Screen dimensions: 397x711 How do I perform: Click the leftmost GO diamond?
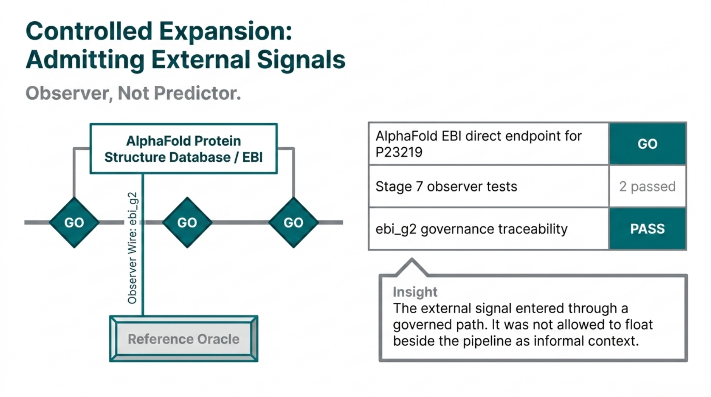tap(74, 223)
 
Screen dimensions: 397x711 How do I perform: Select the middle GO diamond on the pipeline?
tap(187, 223)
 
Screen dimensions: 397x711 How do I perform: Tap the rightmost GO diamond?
tap(293, 223)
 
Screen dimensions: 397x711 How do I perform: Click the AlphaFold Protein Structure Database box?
tap(183, 149)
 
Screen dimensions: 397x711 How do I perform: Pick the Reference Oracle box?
tap(183, 339)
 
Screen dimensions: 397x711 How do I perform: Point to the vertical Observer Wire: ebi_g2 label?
tap(132, 248)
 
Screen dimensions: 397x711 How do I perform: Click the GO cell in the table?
tap(647, 144)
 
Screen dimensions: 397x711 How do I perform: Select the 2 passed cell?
tap(647, 186)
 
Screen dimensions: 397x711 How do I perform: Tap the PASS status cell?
tap(647, 229)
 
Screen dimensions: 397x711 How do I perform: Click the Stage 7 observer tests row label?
tap(446, 186)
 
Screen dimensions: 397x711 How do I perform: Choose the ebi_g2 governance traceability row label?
tap(471, 229)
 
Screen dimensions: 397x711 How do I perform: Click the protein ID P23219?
tap(399, 152)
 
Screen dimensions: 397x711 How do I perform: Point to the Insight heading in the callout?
tap(415, 292)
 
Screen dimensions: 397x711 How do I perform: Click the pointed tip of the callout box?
tap(412, 260)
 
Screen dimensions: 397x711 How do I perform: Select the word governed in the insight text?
tap(422, 325)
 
